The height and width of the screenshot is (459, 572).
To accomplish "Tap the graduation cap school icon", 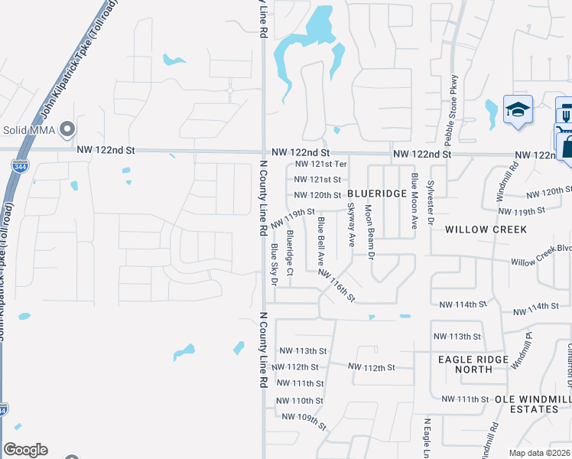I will (518, 110).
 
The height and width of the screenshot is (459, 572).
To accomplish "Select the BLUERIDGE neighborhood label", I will (377, 194).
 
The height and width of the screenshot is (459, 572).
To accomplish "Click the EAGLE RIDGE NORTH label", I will (473, 364).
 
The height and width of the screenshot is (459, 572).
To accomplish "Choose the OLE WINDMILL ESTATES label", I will (527, 404).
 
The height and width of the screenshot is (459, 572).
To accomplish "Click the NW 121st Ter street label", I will (321, 164).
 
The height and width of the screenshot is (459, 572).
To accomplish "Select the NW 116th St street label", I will (337, 284).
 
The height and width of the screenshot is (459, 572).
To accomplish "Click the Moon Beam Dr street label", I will (369, 230).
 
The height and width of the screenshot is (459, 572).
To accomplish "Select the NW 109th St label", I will (304, 420).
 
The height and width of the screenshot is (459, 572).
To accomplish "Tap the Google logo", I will (24, 450).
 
